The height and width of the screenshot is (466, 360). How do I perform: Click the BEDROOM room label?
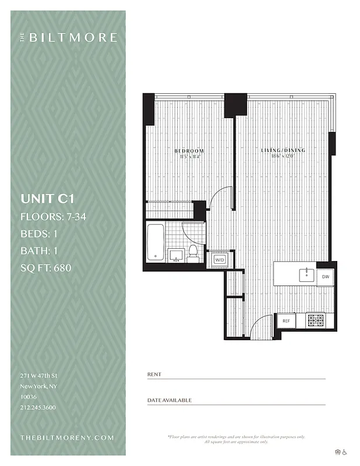pyautogui.click(x=189, y=151)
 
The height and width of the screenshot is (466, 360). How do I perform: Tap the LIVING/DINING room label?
pyautogui.click(x=288, y=151)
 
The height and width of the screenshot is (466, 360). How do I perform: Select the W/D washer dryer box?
pyautogui.click(x=220, y=259)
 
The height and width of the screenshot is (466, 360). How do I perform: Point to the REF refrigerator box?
pyautogui.click(x=286, y=320)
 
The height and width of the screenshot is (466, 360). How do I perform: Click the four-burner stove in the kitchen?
pyautogui.click(x=315, y=320)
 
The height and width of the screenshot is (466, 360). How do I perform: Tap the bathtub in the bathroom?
pyautogui.click(x=156, y=242)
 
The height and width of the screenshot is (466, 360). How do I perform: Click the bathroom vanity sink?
pyautogui.click(x=176, y=254)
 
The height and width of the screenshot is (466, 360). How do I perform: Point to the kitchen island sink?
pyautogui.click(x=306, y=274)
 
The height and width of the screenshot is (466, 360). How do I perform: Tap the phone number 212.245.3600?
pyautogui.click(x=38, y=407)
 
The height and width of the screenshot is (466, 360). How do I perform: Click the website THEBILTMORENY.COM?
pyautogui.click(x=67, y=437)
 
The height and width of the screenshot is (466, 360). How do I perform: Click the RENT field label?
pyautogui.click(x=154, y=374)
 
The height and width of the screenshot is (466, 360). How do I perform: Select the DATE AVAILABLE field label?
pyautogui.click(x=169, y=400)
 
